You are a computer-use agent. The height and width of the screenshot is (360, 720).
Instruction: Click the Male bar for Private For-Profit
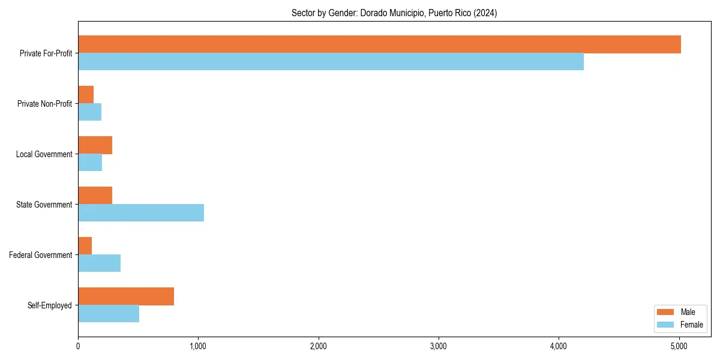coord(379,44)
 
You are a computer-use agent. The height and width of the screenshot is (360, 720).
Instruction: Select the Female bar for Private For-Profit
coord(331,62)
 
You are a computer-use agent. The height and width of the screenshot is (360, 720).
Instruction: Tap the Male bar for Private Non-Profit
coord(86,95)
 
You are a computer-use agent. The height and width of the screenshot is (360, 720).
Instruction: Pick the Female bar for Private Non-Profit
coord(89,112)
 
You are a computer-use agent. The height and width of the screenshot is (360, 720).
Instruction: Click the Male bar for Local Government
coord(95,145)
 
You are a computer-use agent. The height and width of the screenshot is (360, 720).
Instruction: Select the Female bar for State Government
coord(141,213)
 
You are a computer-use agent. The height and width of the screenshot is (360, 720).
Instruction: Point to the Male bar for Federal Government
coord(85,246)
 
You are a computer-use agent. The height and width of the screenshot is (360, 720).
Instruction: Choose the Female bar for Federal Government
coord(99,263)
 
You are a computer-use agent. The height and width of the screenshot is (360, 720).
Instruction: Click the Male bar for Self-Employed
coord(126,296)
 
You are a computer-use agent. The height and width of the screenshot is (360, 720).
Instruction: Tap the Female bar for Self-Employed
coord(109,314)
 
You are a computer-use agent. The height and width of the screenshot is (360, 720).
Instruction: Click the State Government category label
coord(44,205)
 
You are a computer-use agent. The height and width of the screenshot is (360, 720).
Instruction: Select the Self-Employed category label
coord(50,305)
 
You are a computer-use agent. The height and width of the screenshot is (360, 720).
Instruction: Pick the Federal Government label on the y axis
coord(41,255)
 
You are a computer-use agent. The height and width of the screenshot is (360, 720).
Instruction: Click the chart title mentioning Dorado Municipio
coord(394,13)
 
